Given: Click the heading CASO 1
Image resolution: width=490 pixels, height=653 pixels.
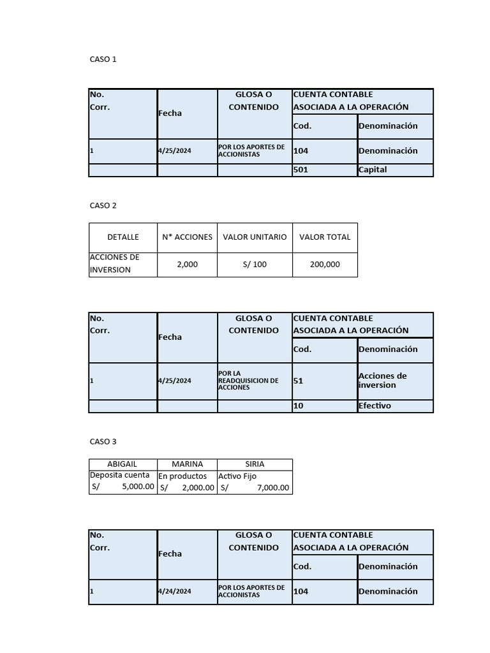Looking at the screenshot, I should coord(103,59).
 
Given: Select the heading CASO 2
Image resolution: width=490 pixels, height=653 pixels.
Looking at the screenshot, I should coord(103,205).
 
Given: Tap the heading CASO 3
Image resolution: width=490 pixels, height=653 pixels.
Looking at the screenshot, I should coord(103,441).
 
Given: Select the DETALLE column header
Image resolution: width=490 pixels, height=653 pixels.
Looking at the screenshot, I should coord(123,237).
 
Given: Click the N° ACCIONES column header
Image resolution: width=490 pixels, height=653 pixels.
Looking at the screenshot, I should coord(187,237).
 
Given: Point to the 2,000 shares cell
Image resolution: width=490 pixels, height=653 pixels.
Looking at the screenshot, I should coord(187,264).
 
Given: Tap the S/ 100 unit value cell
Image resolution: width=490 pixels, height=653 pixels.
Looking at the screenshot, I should coord(255,264).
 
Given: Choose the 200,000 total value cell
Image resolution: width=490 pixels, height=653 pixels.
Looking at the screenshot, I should coord(325,264).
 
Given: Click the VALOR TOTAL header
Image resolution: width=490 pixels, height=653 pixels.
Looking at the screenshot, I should coord(325,237).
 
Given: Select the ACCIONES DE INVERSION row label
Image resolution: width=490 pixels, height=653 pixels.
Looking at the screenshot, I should coord(114,263).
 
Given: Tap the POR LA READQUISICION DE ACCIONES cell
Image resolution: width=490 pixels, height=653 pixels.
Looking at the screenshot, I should coord(248,381).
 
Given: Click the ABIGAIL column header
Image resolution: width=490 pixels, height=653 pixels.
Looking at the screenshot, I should coord(122,464).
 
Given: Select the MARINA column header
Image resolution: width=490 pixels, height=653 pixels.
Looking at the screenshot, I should coord(187,464).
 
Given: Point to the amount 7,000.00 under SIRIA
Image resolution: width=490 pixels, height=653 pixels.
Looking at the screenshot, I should coord(272,488).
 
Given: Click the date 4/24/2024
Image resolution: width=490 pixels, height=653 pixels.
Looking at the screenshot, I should coord(174,591).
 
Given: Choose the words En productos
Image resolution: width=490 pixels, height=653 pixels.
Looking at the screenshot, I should coord(182,476).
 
